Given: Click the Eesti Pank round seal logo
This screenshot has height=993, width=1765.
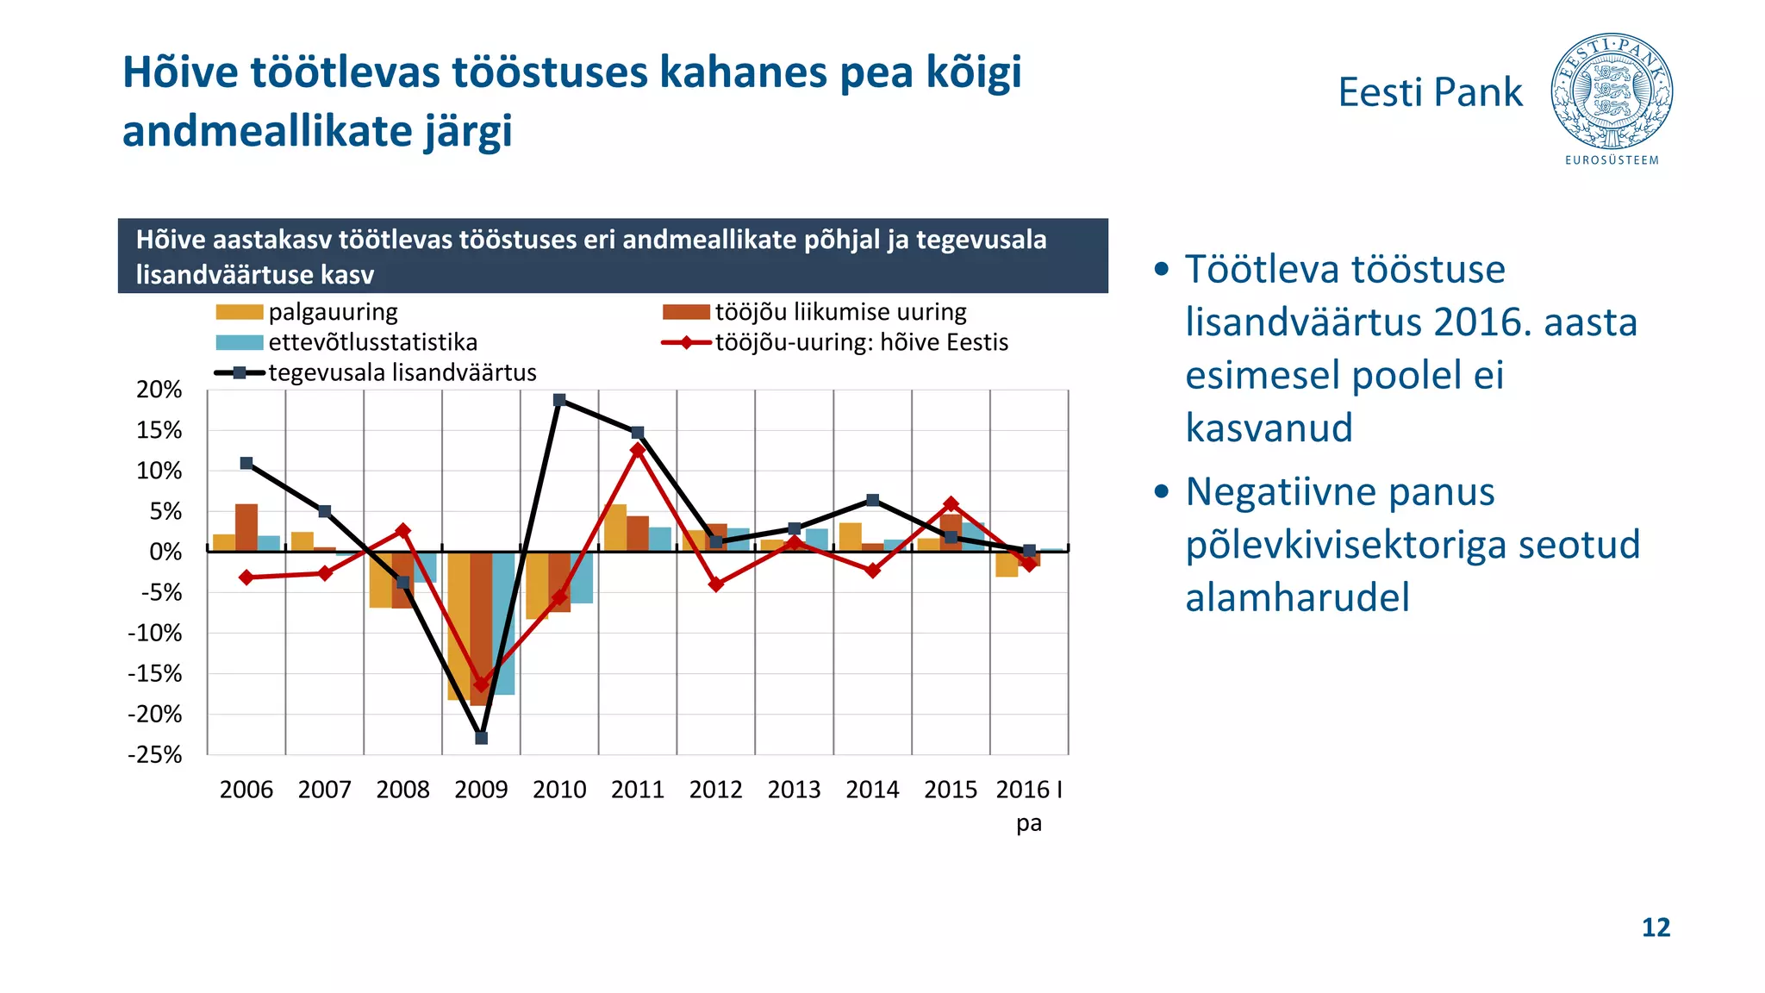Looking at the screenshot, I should pos(1611,92).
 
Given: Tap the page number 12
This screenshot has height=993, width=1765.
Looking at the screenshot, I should pos(1656,927).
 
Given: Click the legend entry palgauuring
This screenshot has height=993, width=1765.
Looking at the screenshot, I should pos(332,312).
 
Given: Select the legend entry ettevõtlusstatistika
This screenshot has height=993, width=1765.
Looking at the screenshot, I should pos(371,342).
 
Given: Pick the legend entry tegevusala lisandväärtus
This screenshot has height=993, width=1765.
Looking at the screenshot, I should pos(402,372).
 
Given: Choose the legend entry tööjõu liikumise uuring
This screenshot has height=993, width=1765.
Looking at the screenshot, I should pos(839,312).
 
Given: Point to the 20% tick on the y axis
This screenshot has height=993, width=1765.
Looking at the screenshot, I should pos(159,390).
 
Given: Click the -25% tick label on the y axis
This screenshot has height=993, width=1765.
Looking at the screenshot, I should pos(155,755).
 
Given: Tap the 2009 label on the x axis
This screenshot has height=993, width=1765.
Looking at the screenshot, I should pos(481,790).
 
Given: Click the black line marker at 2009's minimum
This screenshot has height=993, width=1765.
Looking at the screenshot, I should pos(482,738).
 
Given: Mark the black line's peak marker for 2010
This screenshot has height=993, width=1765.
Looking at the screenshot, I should pos(559,400).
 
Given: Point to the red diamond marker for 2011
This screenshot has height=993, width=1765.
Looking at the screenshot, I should pos(638,450).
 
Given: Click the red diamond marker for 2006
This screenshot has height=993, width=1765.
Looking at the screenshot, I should pos(246,578).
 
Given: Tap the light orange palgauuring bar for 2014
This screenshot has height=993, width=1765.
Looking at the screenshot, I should pos(850,536).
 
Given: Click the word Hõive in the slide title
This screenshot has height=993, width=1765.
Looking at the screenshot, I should pos(180,72).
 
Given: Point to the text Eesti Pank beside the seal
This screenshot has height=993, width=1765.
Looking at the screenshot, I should pos(1430,92).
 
